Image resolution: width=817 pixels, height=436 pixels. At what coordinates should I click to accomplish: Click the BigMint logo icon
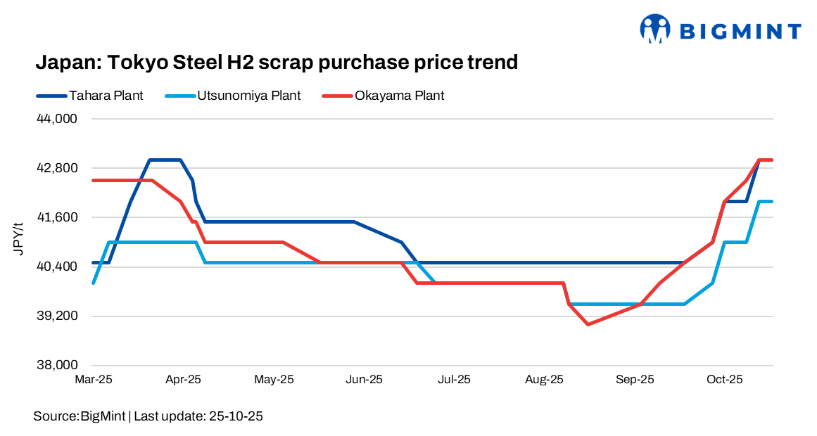point(656,29)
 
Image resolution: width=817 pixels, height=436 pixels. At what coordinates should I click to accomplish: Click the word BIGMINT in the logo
point(740,31)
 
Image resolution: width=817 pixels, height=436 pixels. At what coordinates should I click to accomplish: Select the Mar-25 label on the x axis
point(93,380)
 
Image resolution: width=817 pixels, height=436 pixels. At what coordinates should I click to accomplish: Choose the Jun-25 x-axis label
point(364,380)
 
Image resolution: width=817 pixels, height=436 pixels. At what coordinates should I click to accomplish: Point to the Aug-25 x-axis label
point(545,380)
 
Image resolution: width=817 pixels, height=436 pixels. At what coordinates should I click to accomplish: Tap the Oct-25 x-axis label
point(725,380)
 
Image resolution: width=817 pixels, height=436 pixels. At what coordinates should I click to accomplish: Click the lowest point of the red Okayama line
point(588,324)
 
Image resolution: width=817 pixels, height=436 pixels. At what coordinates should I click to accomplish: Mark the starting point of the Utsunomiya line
point(94,283)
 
